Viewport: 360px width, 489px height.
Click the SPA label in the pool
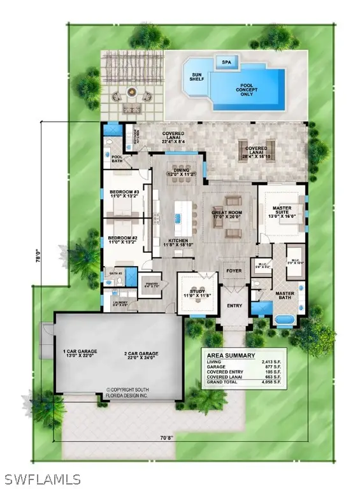tap(226, 62)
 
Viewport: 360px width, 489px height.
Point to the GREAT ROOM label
tap(227, 213)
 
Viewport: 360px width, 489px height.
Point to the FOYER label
tap(234, 271)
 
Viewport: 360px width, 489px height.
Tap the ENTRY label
tap(235, 306)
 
